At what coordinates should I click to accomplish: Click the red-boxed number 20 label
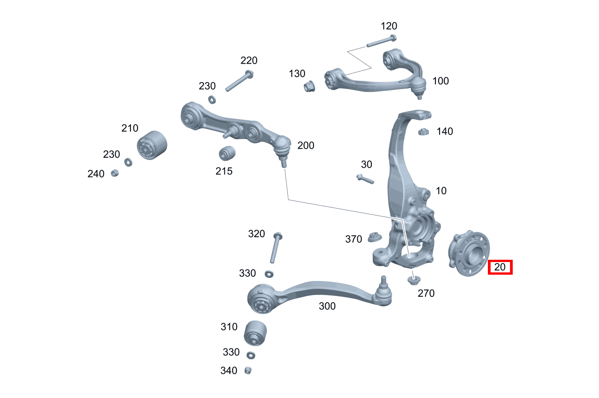tap(500, 267)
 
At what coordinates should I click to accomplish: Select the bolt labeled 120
tap(381, 41)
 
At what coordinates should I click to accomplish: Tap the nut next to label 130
tap(309, 86)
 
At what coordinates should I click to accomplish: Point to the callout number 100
tap(441, 81)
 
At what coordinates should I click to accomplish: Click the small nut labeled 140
tap(423, 131)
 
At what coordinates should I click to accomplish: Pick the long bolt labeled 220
tap(239, 81)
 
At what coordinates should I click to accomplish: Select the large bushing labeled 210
tap(152, 145)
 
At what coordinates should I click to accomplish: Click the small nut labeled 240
tap(115, 173)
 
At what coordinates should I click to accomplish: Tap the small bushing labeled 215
tap(227, 153)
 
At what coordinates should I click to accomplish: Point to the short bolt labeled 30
tap(365, 179)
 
